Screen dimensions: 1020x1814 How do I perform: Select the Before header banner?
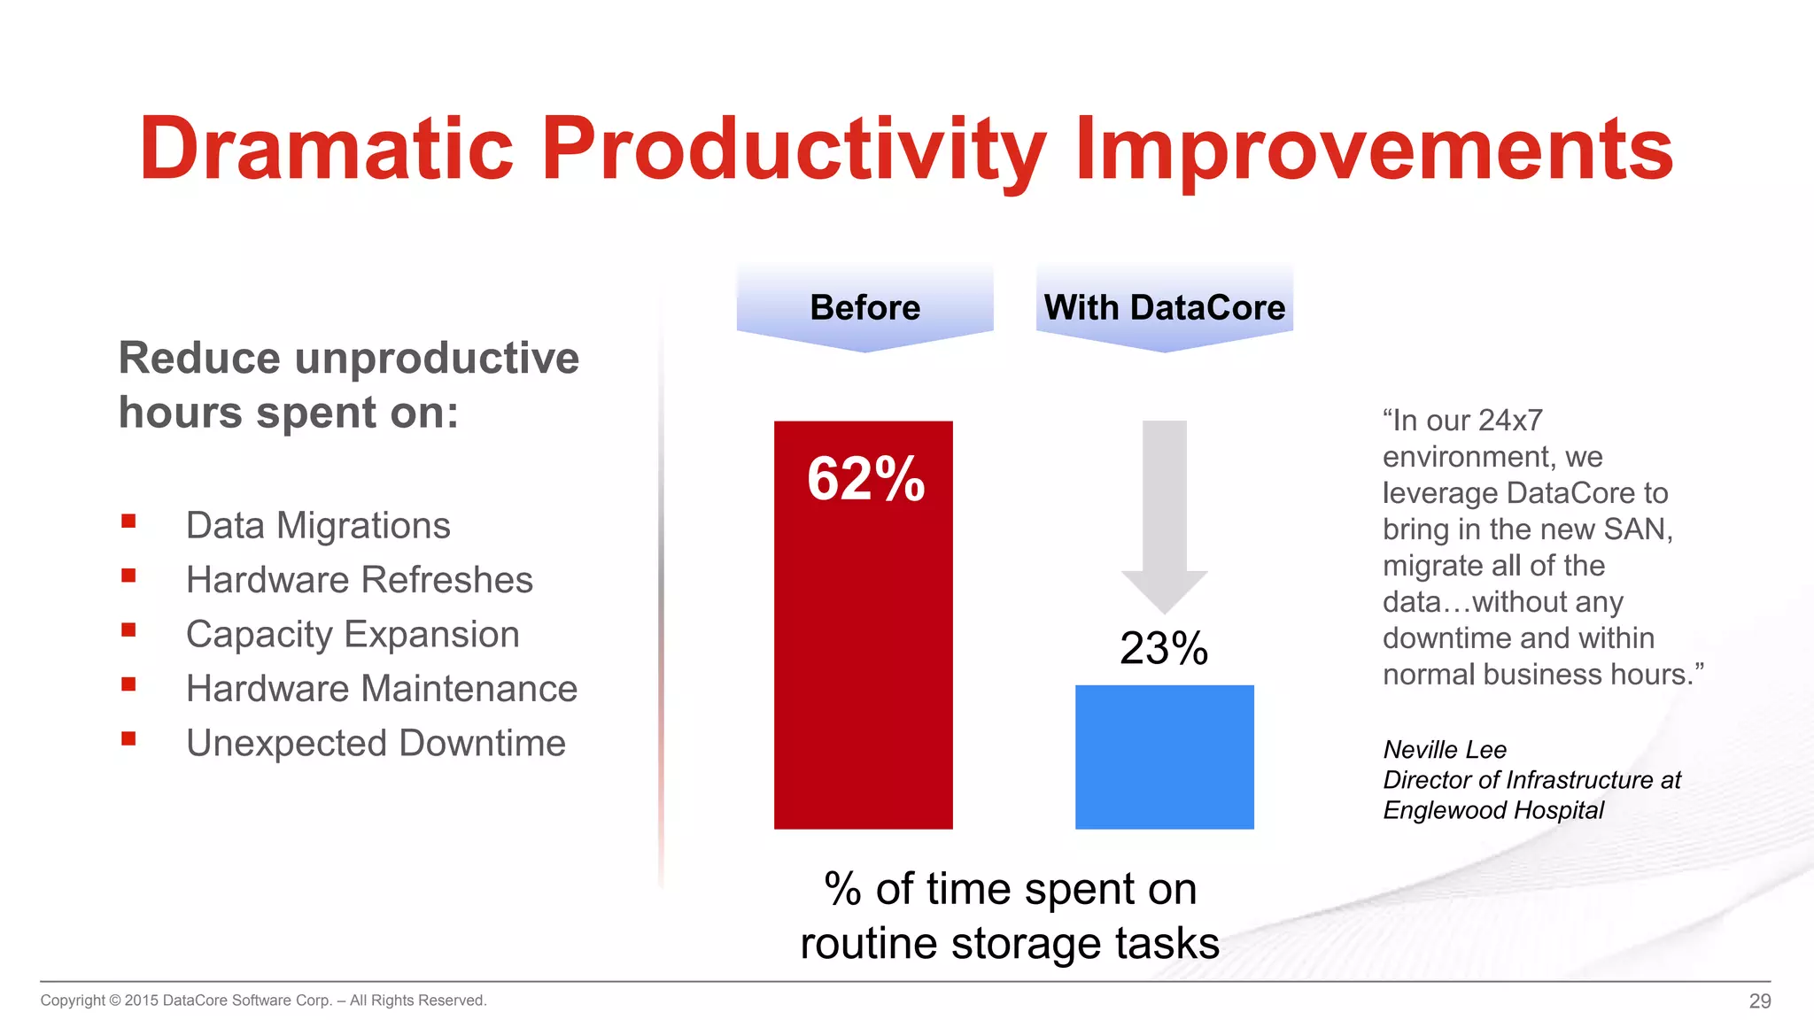point(864,307)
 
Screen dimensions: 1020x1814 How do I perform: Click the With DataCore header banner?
point(1164,307)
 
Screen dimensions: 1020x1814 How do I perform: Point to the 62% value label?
point(865,479)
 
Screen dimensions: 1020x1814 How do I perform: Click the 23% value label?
point(1163,648)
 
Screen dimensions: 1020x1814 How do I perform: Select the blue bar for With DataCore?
point(1164,757)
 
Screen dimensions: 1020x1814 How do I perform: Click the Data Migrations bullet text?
point(318,526)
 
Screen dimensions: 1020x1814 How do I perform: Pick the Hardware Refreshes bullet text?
point(359,580)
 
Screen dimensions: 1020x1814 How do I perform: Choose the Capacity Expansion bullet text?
point(353,635)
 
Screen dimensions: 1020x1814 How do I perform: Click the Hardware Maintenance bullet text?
point(381,689)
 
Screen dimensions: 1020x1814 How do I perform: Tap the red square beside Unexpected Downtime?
point(129,738)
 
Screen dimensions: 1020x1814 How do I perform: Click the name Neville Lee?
point(1445,750)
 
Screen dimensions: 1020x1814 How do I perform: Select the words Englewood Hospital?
point(1493,810)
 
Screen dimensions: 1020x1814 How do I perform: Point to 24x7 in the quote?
point(1510,421)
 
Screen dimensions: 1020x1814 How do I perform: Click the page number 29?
point(1759,1001)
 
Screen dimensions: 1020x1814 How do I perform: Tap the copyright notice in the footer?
point(263,1001)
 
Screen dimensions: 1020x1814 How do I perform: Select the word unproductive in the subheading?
point(437,359)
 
